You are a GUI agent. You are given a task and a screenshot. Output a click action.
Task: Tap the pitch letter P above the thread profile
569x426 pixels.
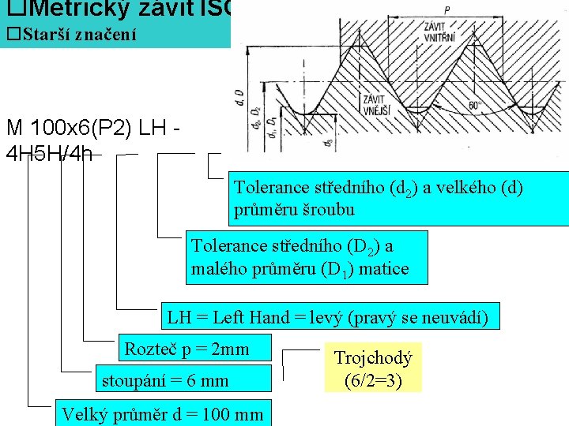(447, 10)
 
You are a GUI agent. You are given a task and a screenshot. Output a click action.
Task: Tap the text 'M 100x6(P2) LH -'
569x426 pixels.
(94, 128)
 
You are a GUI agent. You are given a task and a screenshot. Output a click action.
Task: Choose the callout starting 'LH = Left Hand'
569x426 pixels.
(328, 318)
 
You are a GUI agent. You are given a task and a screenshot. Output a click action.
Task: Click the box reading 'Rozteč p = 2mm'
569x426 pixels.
(187, 349)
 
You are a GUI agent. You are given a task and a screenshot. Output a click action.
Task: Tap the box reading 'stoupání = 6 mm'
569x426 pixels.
(165, 380)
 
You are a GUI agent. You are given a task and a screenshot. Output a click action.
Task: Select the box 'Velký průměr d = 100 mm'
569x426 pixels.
(162, 413)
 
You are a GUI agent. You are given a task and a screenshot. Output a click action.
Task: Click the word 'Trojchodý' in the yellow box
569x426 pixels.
(373, 358)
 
